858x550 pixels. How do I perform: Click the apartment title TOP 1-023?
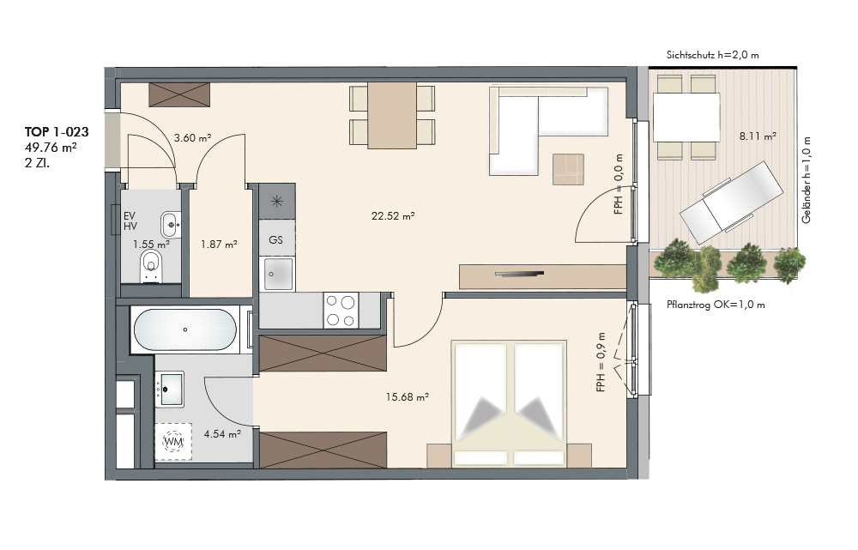point(57,132)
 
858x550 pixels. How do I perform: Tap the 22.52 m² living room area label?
point(393,215)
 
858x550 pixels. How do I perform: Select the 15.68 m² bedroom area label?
point(407,396)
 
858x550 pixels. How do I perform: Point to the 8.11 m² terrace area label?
point(758,136)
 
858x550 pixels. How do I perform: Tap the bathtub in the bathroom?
point(185,329)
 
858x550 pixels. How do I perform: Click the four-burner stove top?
point(341,311)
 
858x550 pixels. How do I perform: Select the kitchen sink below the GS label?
point(279,274)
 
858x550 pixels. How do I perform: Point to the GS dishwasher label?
point(275,239)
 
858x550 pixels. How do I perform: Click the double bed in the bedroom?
point(509,404)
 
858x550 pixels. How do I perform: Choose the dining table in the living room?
point(392,116)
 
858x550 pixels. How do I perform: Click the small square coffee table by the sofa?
point(569,169)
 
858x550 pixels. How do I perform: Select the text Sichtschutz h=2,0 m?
point(712,55)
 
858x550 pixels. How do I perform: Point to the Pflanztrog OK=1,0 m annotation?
point(716,305)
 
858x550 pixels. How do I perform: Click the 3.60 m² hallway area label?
point(192,138)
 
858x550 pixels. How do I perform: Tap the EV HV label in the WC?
point(130,221)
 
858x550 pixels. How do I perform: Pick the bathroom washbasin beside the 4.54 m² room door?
point(170,389)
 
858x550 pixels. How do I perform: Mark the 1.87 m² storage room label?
point(219,244)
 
